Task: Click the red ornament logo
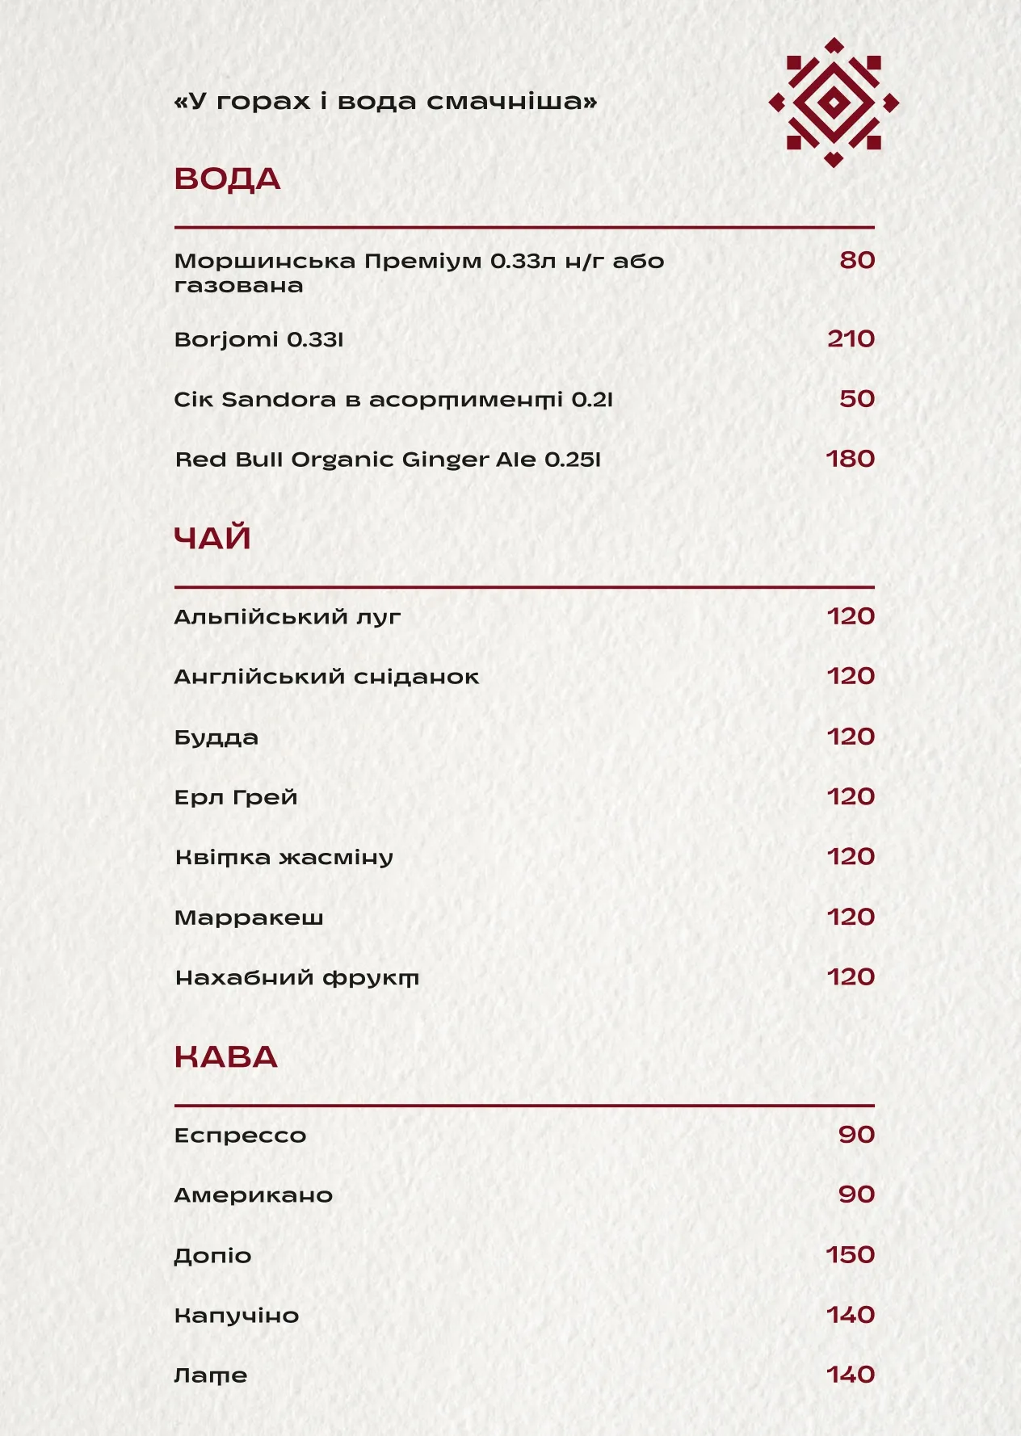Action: click(x=834, y=103)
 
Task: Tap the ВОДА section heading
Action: click(x=227, y=179)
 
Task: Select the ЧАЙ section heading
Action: click(x=212, y=538)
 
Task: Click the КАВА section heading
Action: click(x=225, y=1057)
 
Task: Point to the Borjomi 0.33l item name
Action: click(x=258, y=339)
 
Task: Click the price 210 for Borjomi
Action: click(x=851, y=338)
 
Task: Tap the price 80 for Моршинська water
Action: click(x=857, y=260)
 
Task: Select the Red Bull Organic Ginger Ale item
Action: click(x=388, y=460)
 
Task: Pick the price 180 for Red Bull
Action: click(x=850, y=459)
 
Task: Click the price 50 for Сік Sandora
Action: click(x=857, y=399)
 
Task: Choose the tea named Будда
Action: click(x=216, y=737)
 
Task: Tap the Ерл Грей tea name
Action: click(x=236, y=797)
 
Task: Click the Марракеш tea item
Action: click(x=249, y=917)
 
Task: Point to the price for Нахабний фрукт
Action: click(x=851, y=977)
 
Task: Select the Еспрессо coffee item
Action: click(x=240, y=1136)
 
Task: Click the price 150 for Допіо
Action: click(x=850, y=1255)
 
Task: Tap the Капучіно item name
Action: click(x=237, y=1316)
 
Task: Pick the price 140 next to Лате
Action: click(x=851, y=1375)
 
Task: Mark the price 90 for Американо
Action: click(x=856, y=1195)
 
